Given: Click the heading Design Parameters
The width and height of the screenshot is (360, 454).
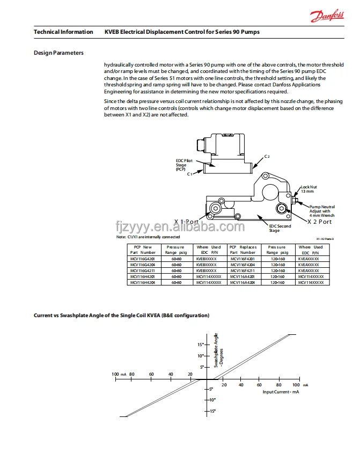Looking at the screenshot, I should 58,53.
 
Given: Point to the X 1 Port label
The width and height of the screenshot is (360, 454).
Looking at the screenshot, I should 186,222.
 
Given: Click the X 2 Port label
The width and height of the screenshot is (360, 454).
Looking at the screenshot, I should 319,222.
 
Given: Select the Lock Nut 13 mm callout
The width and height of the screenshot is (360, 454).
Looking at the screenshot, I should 310,189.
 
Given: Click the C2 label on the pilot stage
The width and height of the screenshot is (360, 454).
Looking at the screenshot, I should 267,156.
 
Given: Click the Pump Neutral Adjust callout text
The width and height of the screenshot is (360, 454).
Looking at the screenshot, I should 321,211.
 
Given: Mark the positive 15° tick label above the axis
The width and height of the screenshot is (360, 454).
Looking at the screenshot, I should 200,344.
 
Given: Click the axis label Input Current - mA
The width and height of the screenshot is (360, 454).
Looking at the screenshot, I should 280,392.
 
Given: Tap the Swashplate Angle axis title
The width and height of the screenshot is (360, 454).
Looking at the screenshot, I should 218,349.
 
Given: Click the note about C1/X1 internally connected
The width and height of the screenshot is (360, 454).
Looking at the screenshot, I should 148,237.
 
